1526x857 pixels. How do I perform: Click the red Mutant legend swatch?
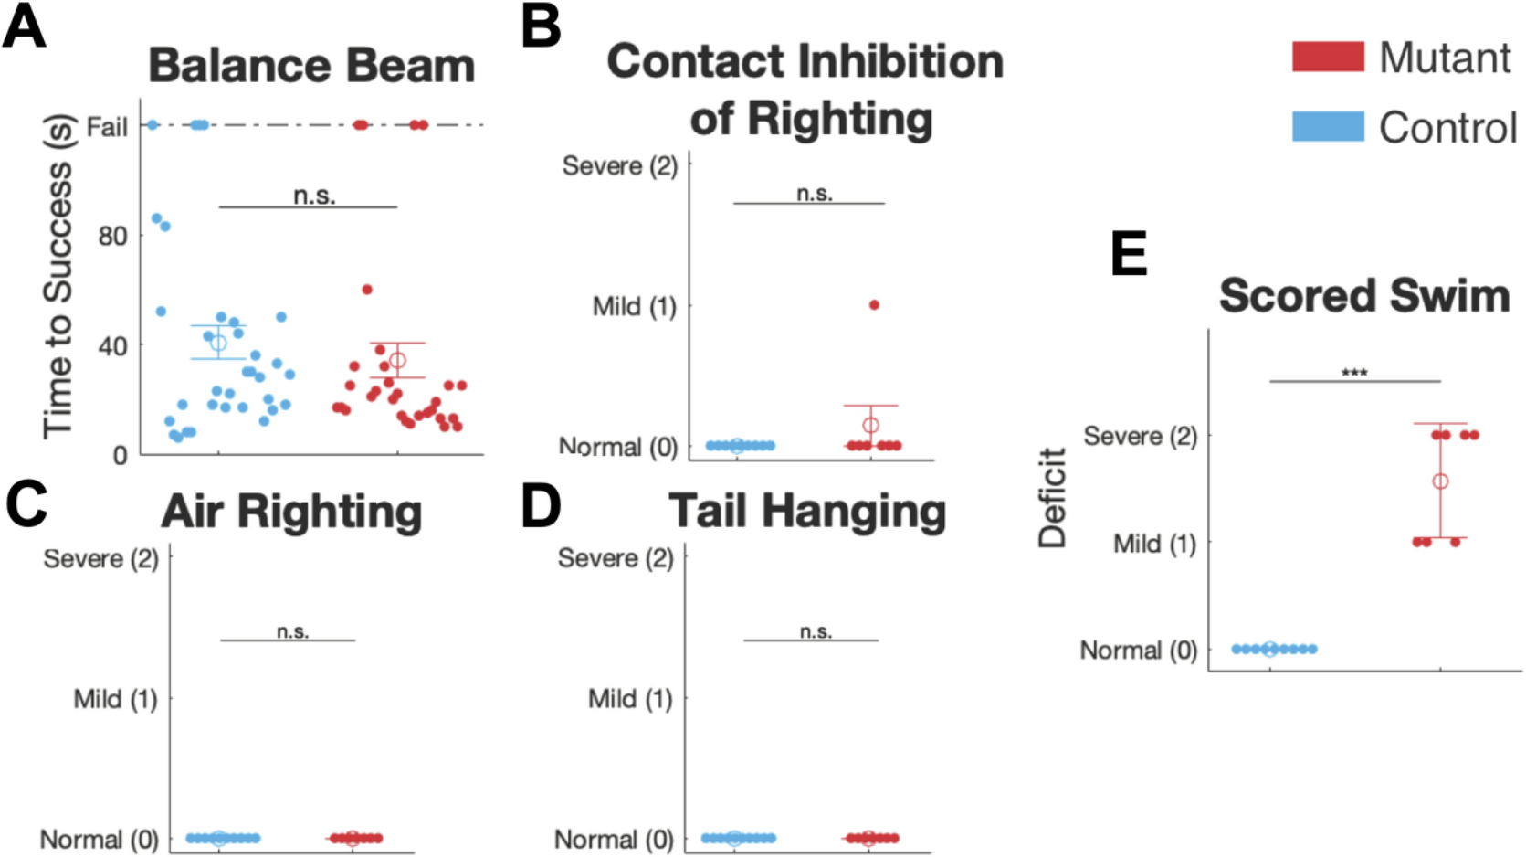[1328, 57]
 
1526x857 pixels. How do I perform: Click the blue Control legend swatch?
[1328, 127]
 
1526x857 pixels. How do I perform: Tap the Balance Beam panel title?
[311, 66]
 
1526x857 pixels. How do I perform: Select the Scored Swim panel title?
[1364, 296]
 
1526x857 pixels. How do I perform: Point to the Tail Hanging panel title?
[806, 511]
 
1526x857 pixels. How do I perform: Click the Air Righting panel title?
[291, 512]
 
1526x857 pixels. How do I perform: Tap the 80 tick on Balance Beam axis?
[112, 236]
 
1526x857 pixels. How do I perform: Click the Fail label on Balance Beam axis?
[107, 127]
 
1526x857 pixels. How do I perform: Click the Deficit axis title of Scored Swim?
[1052, 498]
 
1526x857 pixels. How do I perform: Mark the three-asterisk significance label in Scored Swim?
[1354, 373]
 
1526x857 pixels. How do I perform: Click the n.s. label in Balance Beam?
[314, 196]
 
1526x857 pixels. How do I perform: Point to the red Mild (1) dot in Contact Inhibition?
[874, 305]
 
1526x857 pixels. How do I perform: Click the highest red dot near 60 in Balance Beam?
[367, 290]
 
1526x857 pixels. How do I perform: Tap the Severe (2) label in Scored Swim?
[1140, 436]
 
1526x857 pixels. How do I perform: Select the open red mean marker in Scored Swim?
[1440, 481]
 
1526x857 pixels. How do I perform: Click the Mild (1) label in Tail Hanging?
[629, 699]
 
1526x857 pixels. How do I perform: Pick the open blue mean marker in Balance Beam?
[218, 343]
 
